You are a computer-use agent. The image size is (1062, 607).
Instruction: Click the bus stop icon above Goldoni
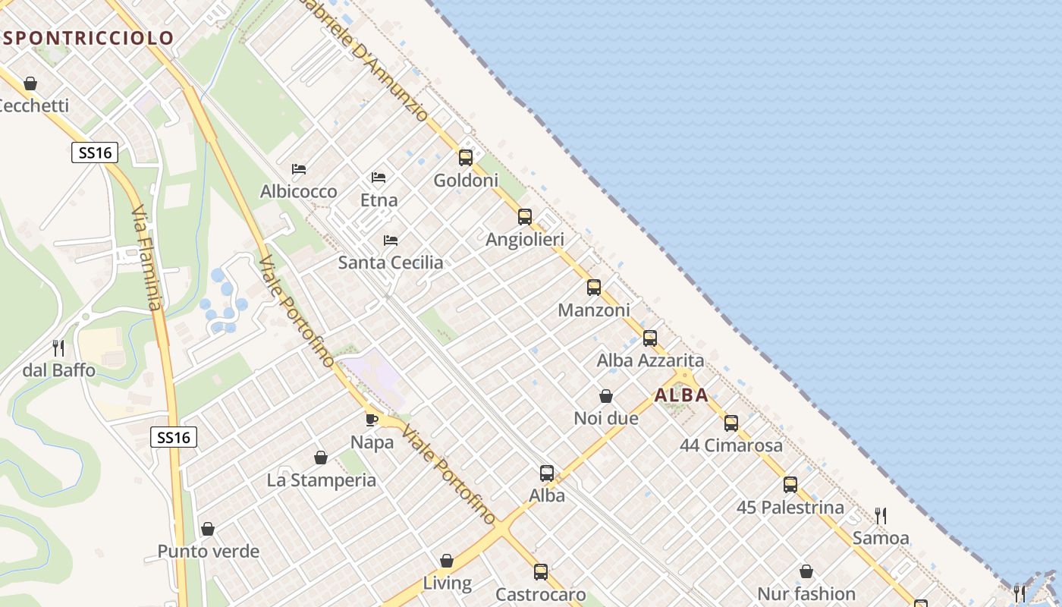(x=465, y=158)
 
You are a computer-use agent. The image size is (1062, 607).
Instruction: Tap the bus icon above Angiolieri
(x=524, y=217)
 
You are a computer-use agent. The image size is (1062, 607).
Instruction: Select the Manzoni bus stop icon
(x=594, y=288)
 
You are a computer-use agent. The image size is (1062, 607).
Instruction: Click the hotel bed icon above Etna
(x=379, y=178)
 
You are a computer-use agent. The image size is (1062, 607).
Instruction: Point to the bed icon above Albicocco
(x=299, y=168)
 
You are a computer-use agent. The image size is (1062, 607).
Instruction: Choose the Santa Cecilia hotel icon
(x=391, y=241)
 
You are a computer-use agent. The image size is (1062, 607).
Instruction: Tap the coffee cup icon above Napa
(x=372, y=420)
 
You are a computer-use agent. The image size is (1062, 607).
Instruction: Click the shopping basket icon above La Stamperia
(x=321, y=458)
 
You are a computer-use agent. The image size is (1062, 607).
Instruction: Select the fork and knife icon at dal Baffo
(x=58, y=348)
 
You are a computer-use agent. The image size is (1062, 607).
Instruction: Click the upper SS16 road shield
(x=96, y=153)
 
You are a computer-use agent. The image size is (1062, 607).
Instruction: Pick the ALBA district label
(x=681, y=395)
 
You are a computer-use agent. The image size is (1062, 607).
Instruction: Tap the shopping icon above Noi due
(x=606, y=396)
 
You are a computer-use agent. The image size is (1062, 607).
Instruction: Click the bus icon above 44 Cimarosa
(x=731, y=423)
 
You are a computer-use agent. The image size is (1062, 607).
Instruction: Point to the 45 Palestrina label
(x=790, y=508)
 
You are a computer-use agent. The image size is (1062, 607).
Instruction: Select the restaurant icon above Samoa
(x=881, y=516)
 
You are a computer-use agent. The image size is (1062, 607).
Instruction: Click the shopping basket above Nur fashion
(x=806, y=571)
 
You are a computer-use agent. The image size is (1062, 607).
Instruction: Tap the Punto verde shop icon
(x=208, y=529)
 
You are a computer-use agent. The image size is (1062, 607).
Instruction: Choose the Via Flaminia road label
(x=147, y=258)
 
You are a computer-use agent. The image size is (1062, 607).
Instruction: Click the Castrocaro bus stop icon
(x=540, y=572)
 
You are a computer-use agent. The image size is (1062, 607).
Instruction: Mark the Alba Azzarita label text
(x=650, y=360)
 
